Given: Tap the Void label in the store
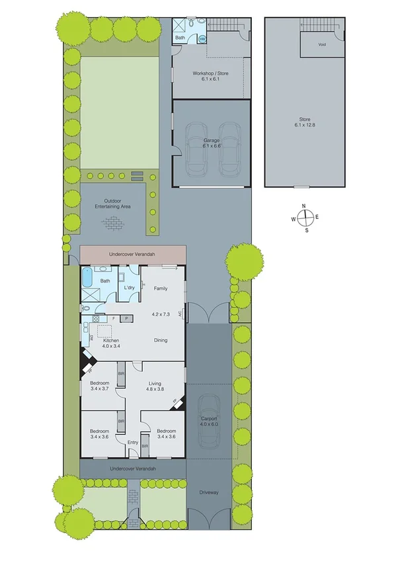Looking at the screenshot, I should click(x=322, y=45).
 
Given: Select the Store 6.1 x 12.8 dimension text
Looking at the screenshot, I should click(x=306, y=122).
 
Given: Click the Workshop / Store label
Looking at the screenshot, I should click(x=211, y=76).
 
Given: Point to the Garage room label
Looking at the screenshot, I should click(x=212, y=143).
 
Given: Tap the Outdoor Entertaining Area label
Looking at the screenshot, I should click(x=112, y=204).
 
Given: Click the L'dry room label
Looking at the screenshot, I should click(x=130, y=288).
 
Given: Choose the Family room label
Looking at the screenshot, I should click(x=161, y=288).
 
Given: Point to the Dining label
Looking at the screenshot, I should click(x=161, y=341).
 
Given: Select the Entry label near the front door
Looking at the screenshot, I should click(x=132, y=443).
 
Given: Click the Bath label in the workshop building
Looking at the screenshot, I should click(x=180, y=38).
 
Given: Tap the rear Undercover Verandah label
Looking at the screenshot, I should click(x=133, y=253).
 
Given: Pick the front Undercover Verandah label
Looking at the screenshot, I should click(x=133, y=468).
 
